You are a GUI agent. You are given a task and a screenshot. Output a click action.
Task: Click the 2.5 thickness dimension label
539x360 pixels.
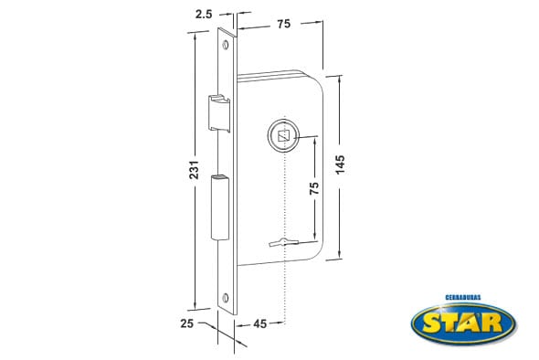point(204,15)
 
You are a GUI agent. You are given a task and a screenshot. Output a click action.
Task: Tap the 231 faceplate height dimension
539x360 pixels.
point(195,170)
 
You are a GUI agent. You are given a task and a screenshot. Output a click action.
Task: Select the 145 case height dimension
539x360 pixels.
point(340,164)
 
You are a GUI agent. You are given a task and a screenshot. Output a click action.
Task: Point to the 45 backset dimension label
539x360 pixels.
point(259,323)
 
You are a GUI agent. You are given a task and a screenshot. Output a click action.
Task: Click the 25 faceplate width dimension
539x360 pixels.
point(187,323)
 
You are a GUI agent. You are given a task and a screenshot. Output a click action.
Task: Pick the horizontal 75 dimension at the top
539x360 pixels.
point(284,24)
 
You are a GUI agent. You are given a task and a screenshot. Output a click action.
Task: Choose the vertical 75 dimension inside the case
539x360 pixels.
point(314,188)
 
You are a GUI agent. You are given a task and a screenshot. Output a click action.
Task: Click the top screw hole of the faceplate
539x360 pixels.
point(226,45)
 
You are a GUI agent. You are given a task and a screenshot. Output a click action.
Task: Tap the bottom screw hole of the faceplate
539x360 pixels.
point(226,298)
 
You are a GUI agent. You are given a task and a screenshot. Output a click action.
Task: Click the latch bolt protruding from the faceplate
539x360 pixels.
point(219,112)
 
